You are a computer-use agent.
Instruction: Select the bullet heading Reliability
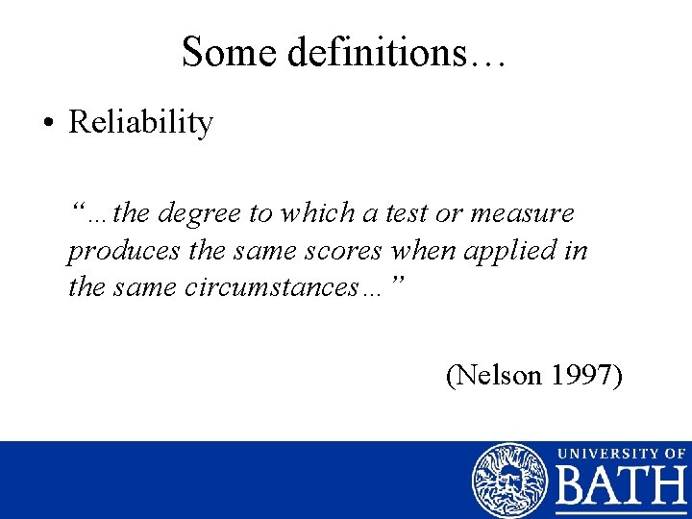click(x=140, y=124)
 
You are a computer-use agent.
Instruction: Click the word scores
click(x=344, y=250)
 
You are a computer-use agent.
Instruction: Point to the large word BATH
click(x=620, y=489)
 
